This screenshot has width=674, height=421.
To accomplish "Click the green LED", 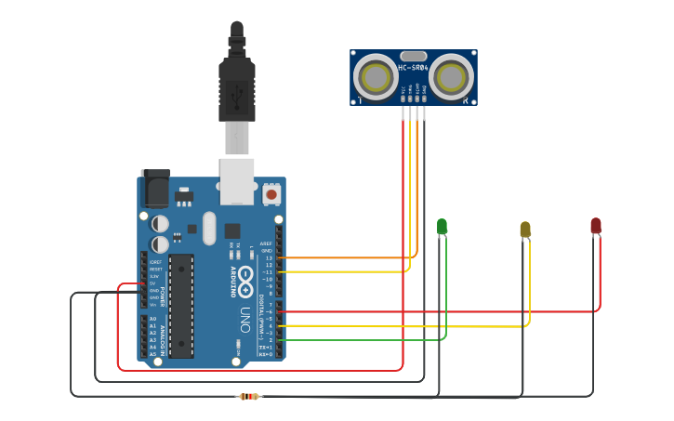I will (442, 226).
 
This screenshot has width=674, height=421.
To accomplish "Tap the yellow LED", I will (525, 229).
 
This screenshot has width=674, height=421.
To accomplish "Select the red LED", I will (596, 225).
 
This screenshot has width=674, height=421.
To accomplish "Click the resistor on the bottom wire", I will (248, 397).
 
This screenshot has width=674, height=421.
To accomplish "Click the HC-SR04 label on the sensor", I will (414, 68).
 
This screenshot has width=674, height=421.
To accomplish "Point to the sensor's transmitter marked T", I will (377, 76).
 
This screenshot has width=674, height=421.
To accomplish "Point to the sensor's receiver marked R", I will (452, 75).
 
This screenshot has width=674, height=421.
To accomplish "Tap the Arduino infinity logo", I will (245, 276).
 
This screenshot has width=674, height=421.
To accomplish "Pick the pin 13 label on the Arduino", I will (269, 257).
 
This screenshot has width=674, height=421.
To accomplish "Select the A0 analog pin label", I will (152, 319).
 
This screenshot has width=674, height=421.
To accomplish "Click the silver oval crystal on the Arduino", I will (208, 228).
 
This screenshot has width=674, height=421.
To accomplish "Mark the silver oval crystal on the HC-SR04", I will (414, 56).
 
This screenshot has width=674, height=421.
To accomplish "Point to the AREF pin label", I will (267, 243).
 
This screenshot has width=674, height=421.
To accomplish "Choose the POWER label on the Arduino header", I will (162, 296).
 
